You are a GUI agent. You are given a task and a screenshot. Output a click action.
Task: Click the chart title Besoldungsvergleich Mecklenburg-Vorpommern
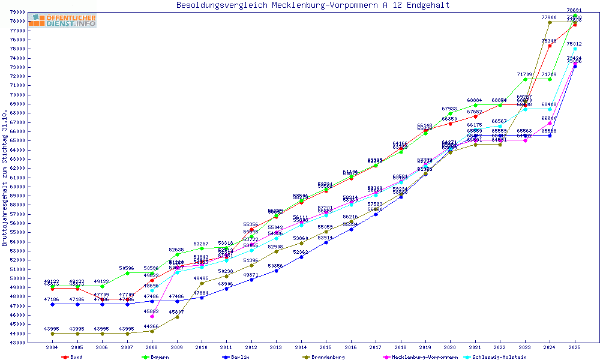[x=313, y=5]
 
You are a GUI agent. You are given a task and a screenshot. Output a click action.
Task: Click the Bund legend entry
[x=73, y=357]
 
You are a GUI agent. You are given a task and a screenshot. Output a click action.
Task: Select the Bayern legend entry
[x=156, y=357]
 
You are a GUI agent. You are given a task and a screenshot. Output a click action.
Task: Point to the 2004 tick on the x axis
[x=53, y=347]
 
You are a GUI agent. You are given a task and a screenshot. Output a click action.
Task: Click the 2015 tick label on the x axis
[x=326, y=347]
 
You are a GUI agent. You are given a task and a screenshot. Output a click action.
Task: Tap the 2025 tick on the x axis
[x=574, y=347]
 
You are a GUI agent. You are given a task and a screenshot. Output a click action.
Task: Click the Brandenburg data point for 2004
[x=53, y=334]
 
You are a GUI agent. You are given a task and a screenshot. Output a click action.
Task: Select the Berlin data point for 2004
[x=53, y=304]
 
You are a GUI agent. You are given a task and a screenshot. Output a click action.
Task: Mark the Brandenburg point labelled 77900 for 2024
[x=550, y=22]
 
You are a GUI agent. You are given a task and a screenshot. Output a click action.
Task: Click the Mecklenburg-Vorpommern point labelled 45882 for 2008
[x=152, y=316]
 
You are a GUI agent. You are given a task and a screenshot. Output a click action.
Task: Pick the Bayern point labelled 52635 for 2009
[x=177, y=254]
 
